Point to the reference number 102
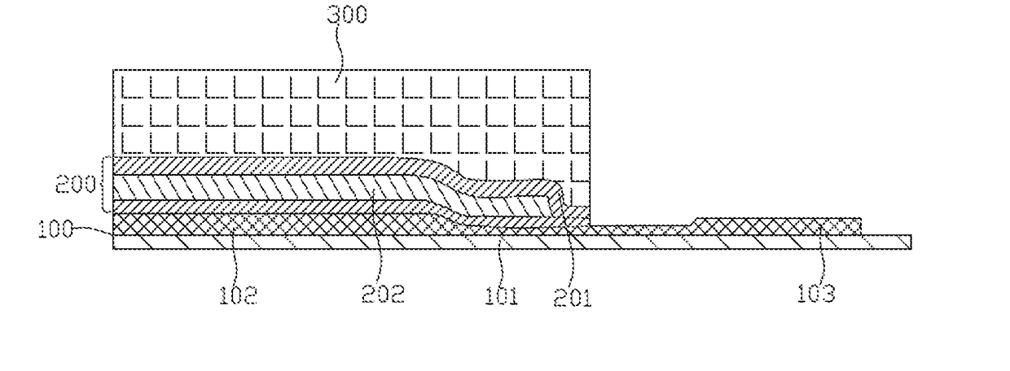pos(239,295)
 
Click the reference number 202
pos(383,294)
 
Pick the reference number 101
pos(502,295)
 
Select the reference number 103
pos(816,293)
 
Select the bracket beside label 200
pos(105,185)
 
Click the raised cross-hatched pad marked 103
pos(774,225)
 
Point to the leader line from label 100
pos(94,231)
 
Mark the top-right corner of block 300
pos(589,71)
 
